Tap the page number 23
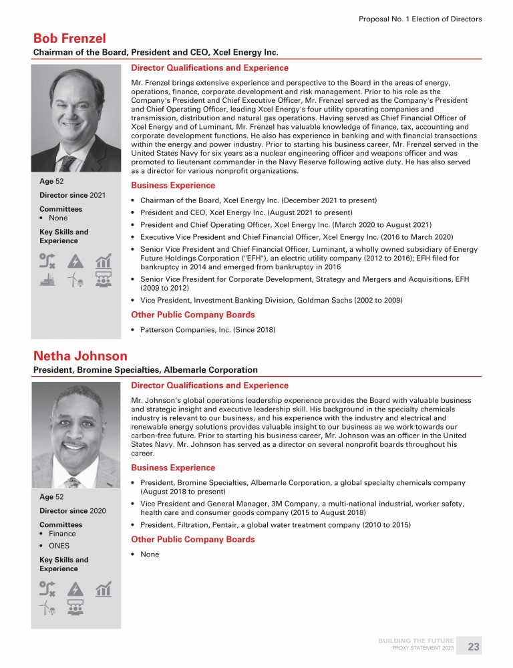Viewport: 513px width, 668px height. coord(474,647)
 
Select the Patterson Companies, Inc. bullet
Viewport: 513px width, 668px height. coord(208,329)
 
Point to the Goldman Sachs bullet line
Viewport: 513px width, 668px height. coord(271,301)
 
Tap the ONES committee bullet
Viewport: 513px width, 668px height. coord(59,546)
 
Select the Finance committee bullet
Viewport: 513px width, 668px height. coord(61,534)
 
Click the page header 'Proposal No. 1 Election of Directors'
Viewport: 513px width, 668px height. coord(420,19)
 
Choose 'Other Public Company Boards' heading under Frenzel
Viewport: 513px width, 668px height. coord(192,315)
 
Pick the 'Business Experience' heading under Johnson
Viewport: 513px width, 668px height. coord(173,468)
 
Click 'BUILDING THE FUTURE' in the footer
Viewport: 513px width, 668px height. coord(416,641)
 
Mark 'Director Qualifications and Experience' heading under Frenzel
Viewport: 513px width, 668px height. coord(210,68)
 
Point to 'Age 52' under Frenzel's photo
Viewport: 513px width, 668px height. coord(53,180)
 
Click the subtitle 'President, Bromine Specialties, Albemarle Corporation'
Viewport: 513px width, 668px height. coord(146,369)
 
